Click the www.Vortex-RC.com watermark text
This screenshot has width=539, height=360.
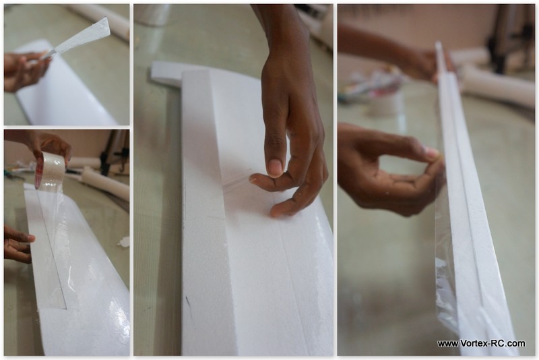tap(481, 344)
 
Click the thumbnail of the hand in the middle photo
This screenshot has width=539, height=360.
tap(275, 168)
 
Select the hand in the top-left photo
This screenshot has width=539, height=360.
tap(25, 71)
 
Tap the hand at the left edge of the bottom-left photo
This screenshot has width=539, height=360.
tap(18, 244)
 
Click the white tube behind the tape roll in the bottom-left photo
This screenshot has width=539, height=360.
tap(103, 184)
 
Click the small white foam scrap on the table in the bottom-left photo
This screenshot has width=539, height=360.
tap(125, 242)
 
